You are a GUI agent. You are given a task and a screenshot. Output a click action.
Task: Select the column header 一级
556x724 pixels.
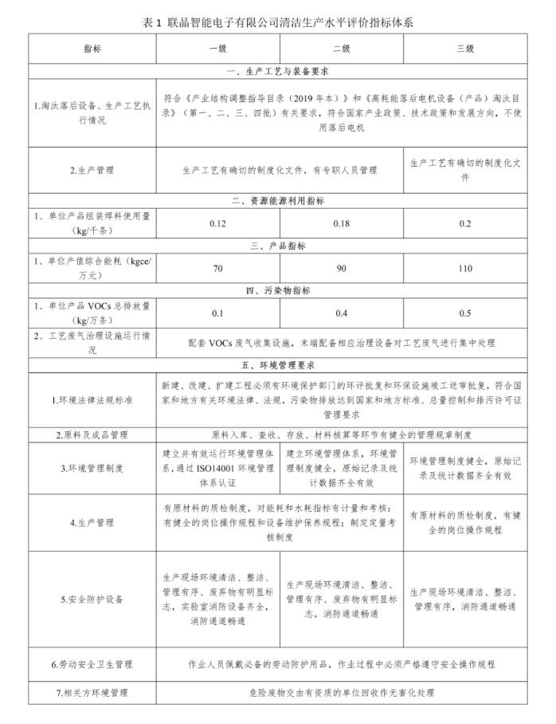coord(217,48)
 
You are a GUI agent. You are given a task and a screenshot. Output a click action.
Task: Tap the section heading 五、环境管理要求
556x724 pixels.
coord(278,366)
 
